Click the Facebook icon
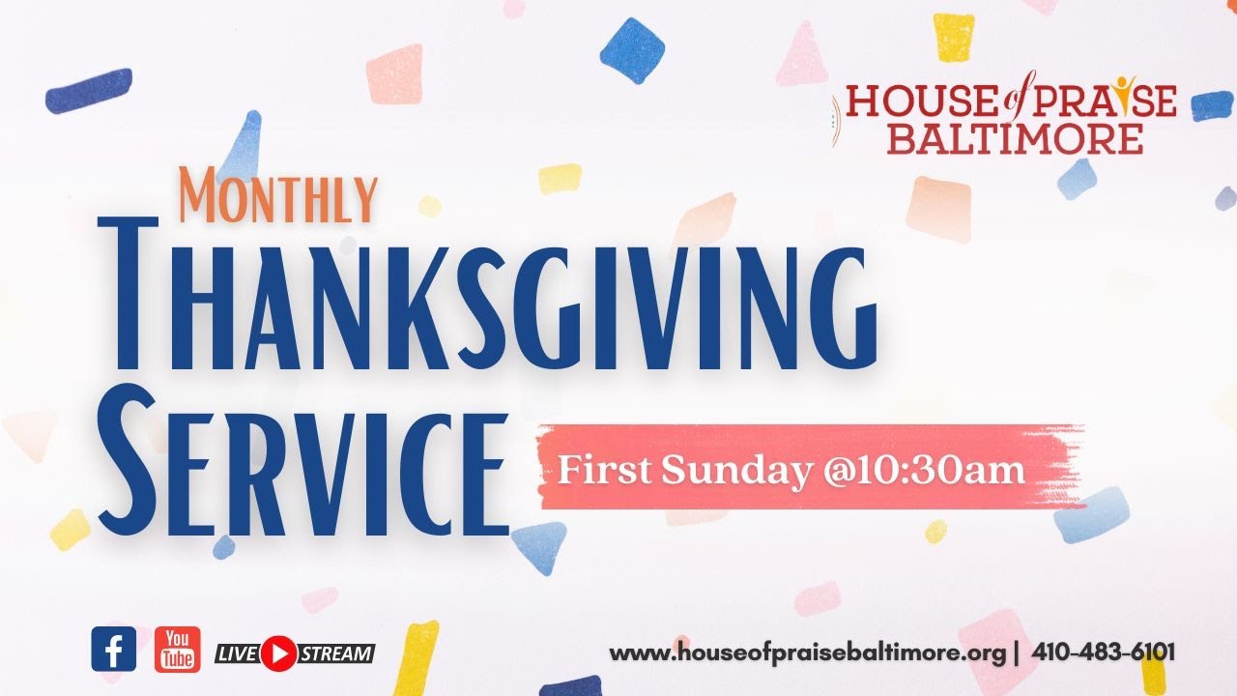pos(114,649)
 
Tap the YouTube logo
pos(178,649)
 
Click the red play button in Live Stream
pos(278,652)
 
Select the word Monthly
pos(277,195)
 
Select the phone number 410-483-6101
pos(1104,652)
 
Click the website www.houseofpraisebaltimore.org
pos(808,653)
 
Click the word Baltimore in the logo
pos(1015,137)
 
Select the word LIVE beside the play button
pos(237,653)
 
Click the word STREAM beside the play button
pos(334,653)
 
